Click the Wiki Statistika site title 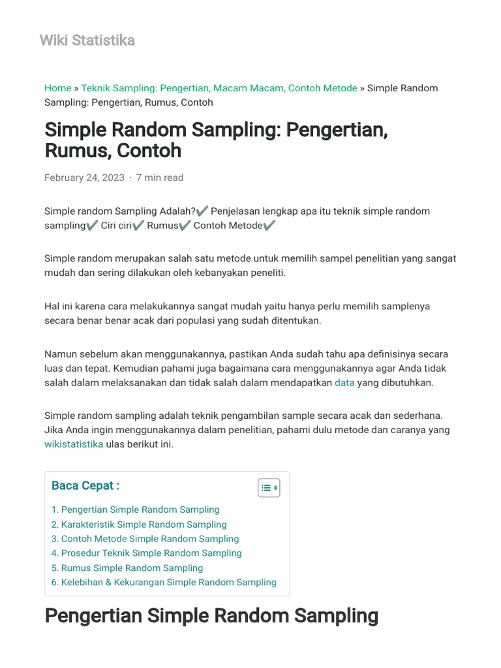(x=87, y=40)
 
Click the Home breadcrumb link (x=58, y=88)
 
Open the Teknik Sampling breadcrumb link (x=219, y=88)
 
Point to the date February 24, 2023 (x=84, y=177)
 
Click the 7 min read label (x=160, y=177)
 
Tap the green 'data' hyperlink (x=344, y=383)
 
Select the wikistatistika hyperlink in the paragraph (x=74, y=444)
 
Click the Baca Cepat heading (x=85, y=485)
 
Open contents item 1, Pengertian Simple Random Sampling (x=136, y=509)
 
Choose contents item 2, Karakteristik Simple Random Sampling (x=139, y=524)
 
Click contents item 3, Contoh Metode (x=145, y=539)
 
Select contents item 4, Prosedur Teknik (x=147, y=553)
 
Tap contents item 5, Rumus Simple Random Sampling (x=127, y=568)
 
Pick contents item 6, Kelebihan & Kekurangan (x=164, y=583)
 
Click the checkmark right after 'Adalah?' (x=202, y=211)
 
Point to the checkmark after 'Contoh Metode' (x=270, y=226)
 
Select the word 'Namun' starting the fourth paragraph (x=59, y=354)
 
